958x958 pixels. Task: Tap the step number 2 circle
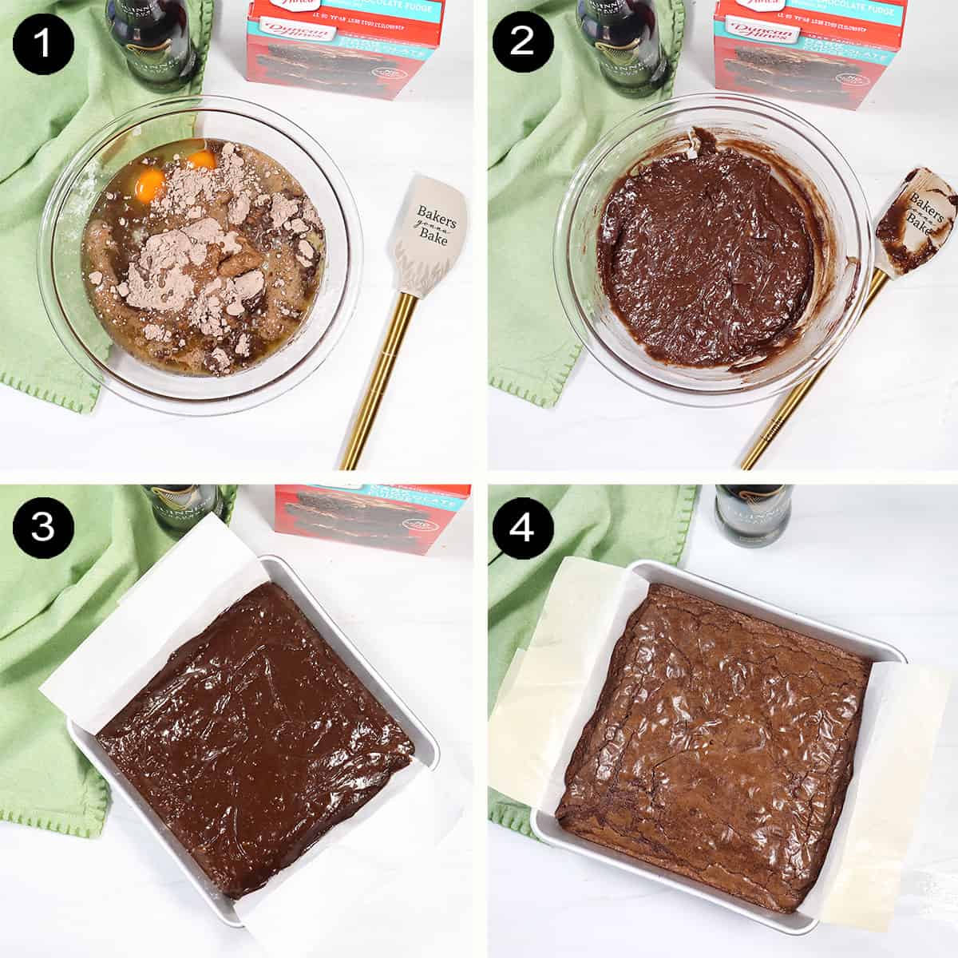[x=521, y=42]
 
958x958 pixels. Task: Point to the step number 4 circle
[x=521, y=528]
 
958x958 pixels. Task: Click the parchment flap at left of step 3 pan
[x=152, y=623]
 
